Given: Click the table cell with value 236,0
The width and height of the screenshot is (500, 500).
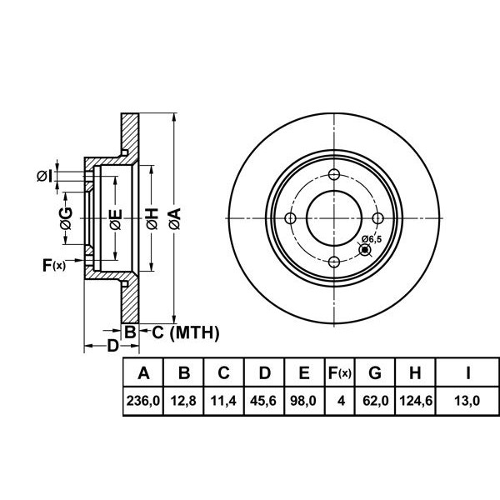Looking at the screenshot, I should (x=142, y=401).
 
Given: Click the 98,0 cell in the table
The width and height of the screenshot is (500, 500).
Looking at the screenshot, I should (x=304, y=401).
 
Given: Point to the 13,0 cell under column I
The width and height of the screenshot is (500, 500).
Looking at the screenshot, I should (x=469, y=401).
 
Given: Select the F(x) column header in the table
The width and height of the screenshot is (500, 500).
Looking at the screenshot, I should (x=339, y=372).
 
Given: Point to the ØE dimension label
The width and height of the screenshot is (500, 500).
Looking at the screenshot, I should (x=116, y=219).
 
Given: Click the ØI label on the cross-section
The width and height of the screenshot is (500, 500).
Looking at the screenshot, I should (x=44, y=175).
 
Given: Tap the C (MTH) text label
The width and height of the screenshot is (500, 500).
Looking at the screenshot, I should (x=184, y=333).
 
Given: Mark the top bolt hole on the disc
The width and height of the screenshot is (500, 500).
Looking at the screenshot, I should (x=334, y=175).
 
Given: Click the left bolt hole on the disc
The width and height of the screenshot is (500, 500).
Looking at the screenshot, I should (x=291, y=219).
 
